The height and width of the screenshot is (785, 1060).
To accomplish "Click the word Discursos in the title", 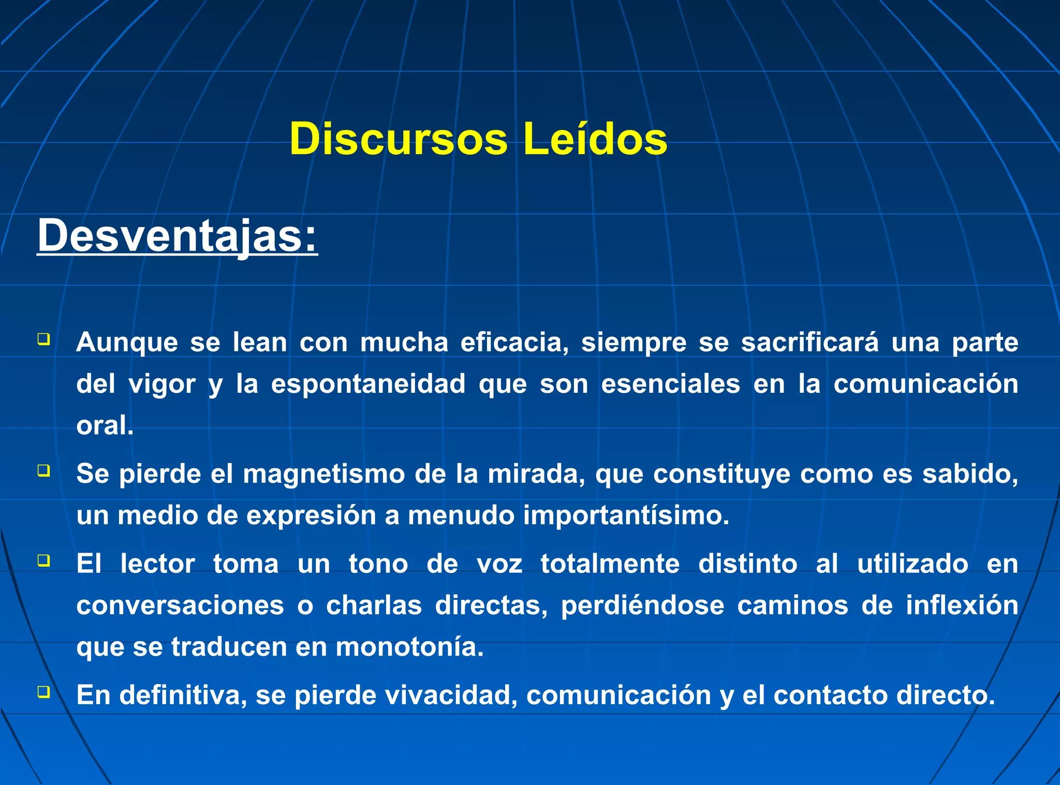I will pos(398,139).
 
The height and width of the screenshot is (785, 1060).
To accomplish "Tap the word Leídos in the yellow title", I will pos(595,139).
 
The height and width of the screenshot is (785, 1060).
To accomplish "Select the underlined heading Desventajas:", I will pos(177,235).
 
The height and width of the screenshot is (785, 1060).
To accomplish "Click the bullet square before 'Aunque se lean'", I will pos(43,339).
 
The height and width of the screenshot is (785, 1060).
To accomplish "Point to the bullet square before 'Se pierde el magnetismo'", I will pos(43,470).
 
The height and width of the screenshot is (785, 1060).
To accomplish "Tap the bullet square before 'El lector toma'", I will pos(43,560).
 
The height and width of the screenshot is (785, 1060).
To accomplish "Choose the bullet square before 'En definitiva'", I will pos(43,691).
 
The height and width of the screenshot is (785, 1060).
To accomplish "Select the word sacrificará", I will pos(809,343).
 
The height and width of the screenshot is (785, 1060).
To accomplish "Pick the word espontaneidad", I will pos(368,384).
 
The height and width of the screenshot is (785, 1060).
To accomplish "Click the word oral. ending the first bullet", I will pos(105,426).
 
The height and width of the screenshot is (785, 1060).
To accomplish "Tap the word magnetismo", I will pos(324,474).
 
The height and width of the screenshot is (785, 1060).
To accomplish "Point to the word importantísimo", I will pos(626,515).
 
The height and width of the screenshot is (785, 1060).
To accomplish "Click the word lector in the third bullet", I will pos(157,564).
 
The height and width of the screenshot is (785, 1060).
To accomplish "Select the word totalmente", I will pos(610,564).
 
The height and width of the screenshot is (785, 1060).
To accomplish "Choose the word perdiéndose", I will pos(642,605).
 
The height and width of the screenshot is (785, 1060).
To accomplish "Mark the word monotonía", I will pos(409,647).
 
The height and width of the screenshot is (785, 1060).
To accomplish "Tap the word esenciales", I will pos(670,384).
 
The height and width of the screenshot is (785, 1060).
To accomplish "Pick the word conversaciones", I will pos(180,605).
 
